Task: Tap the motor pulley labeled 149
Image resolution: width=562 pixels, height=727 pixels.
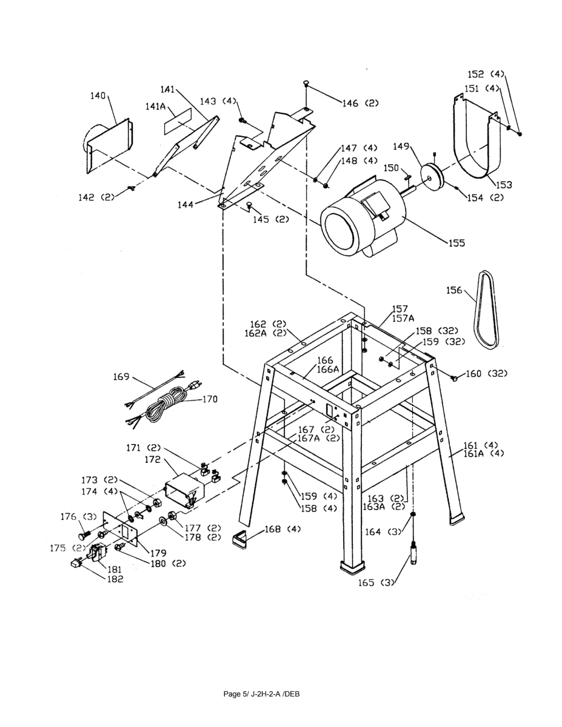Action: (432, 176)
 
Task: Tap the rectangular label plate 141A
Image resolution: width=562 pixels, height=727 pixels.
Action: (177, 121)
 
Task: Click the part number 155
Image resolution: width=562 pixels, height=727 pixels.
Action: (456, 244)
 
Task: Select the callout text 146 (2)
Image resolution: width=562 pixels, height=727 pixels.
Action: (360, 104)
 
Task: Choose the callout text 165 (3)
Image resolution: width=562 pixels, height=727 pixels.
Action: (375, 583)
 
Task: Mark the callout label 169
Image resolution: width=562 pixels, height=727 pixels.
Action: (122, 377)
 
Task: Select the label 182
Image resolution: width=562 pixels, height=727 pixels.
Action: (115, 579)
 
